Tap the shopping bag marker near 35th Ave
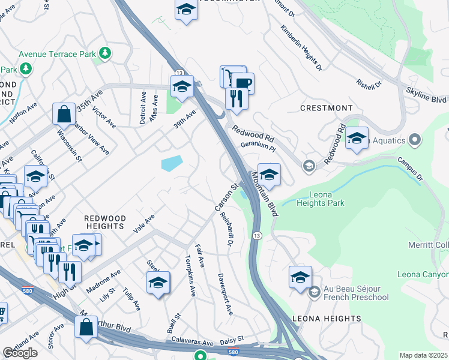(x=64, y=113)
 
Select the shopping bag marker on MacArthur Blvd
(x=86, y=327)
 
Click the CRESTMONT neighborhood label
(x=327, y=108)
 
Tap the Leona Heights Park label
(x=321, y=199)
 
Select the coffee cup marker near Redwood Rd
(x=243, y=83)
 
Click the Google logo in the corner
(x=20, y=352)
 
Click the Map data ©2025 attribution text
(x=424, y=355)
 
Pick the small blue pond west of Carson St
(x=172, y=163)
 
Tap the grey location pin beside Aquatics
(x=414, y=140)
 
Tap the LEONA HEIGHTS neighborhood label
(x=327, y=319)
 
